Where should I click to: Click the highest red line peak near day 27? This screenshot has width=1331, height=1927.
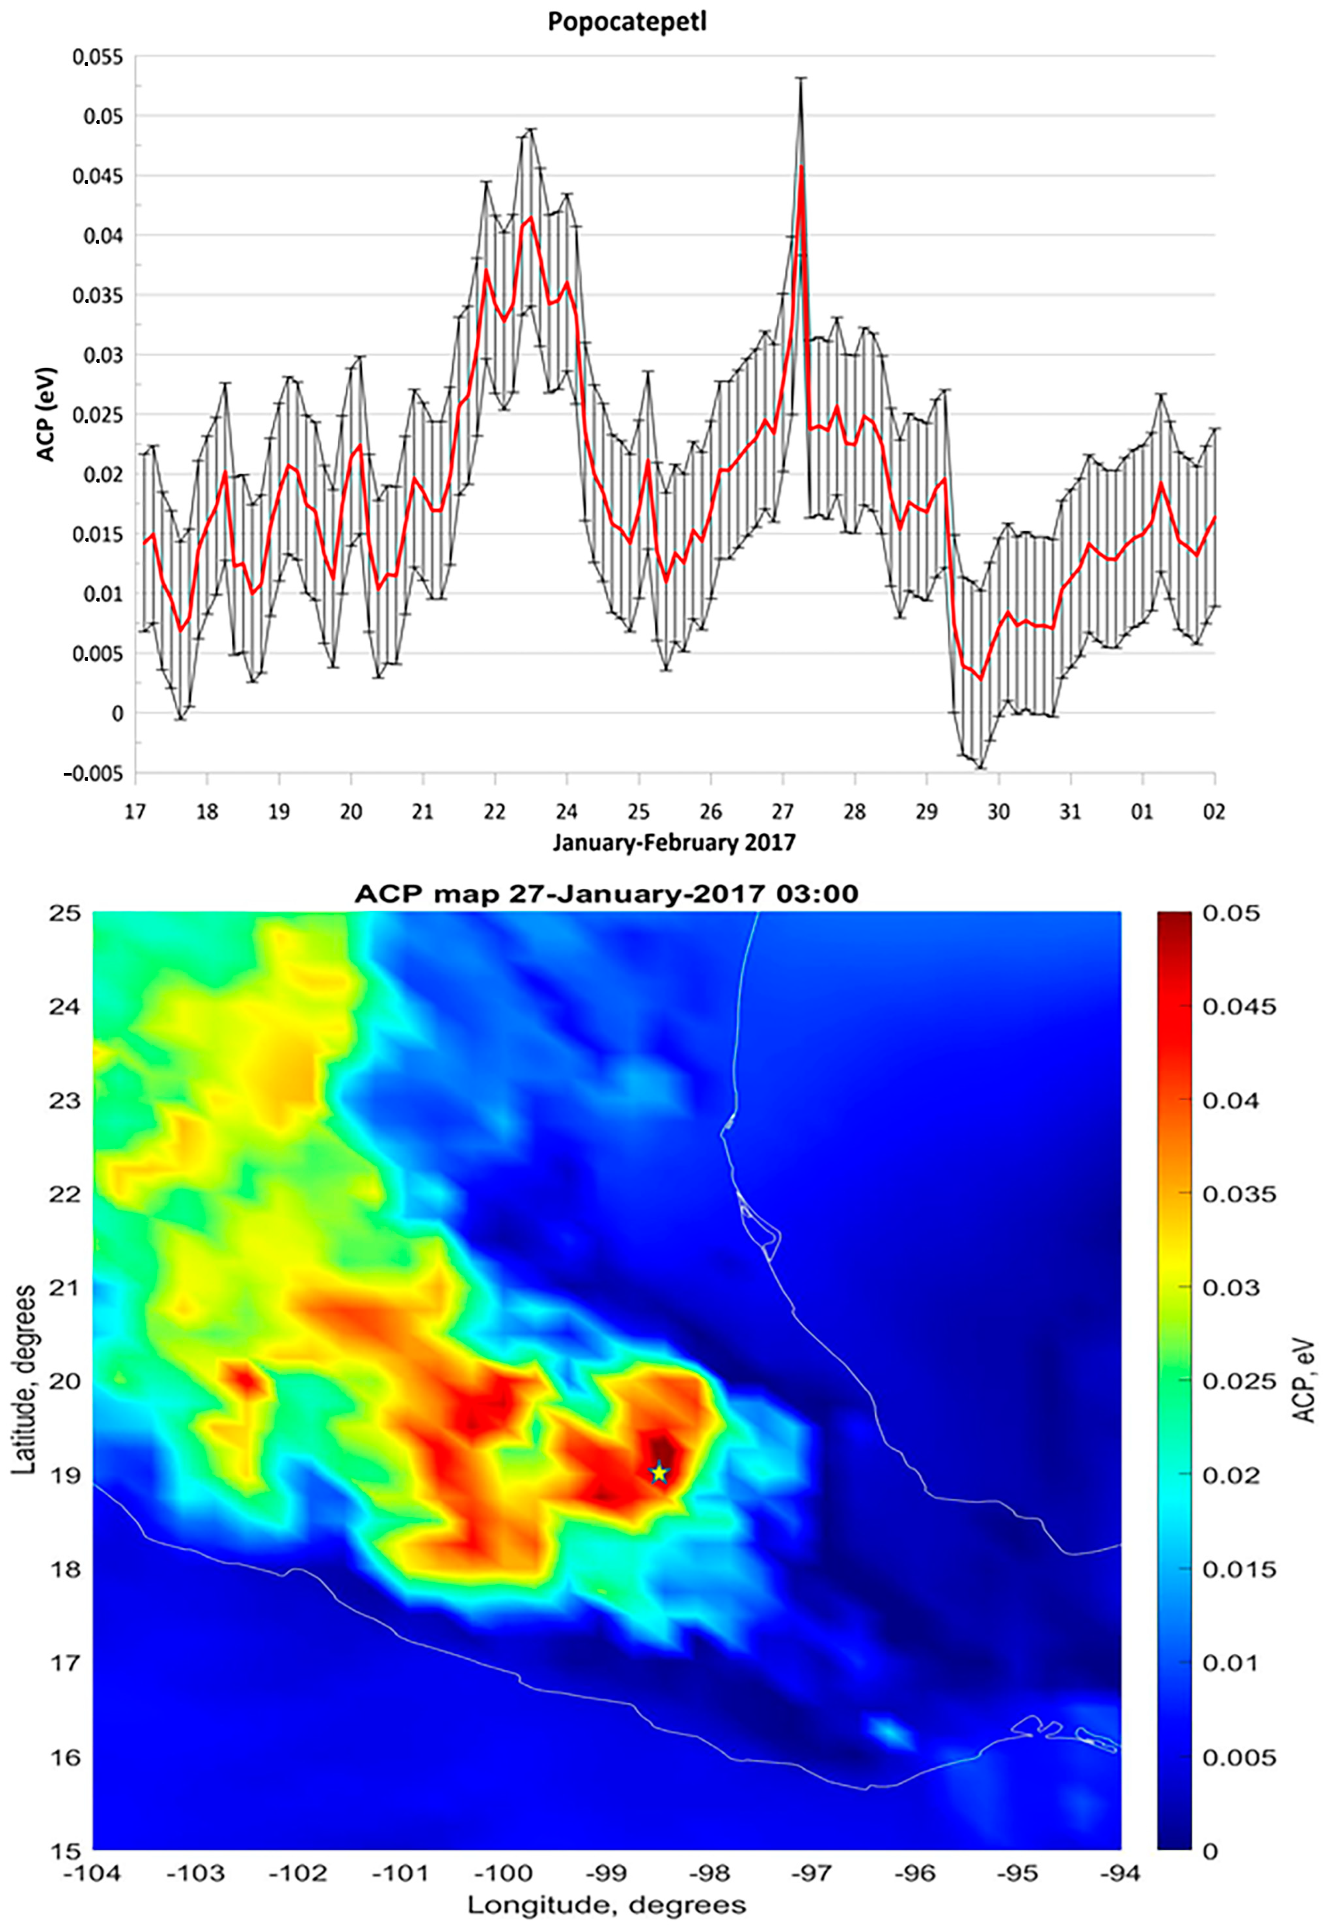click(x=801, y=167)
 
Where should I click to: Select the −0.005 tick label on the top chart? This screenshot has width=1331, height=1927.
click(x=93, y=773)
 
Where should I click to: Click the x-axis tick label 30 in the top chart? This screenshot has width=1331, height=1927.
click(x=998, y=812)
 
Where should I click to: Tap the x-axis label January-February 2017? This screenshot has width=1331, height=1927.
click(x=674, y=842)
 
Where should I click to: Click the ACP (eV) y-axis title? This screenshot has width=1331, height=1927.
click(x=46, y=415)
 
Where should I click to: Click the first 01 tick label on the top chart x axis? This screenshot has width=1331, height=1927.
click(x=1142, y=812)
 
